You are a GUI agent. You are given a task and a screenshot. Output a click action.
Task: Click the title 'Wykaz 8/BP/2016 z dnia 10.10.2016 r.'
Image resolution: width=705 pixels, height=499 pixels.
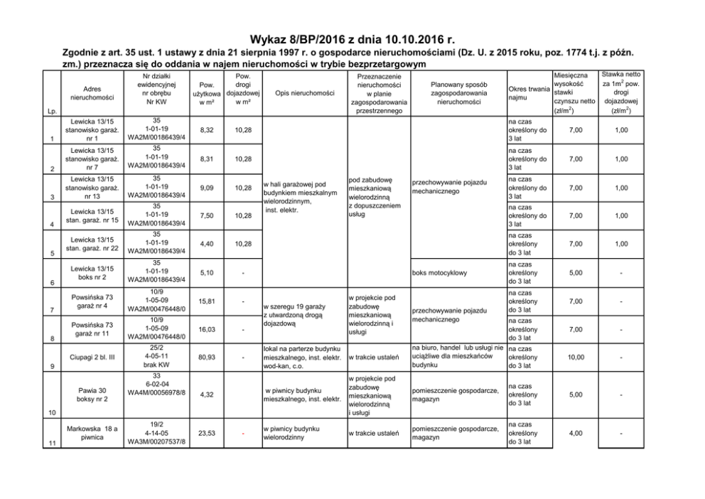[352, 40]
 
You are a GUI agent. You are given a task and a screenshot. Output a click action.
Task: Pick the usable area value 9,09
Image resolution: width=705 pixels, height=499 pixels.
[208, 188]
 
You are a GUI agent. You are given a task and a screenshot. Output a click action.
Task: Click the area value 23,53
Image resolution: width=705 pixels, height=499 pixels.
[208, 431]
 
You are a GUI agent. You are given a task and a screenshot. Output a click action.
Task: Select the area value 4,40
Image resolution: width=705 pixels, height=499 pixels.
[208, 244]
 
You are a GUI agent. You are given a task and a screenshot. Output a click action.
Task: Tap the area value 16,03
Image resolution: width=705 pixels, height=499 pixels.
[208, 329]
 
